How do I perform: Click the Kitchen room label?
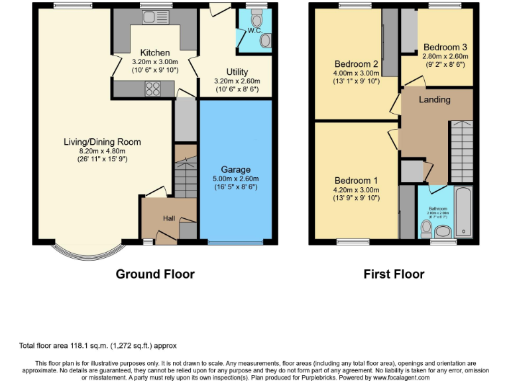(x=155, y=53)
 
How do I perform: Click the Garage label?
(x=235, y=169)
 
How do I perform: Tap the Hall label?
(x=169, y=218)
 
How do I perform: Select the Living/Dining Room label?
(x=102, y=142)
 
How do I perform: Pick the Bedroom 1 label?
(x=356, y=181)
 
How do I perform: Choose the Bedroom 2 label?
(x=356, y=64)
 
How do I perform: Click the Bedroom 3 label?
(x=445, y=47)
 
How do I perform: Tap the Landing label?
(x=435, y=99)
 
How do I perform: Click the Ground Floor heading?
(x=155, y=274)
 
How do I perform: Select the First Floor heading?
(x=394, y=274)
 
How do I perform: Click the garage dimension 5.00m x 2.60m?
(x=235, y=179)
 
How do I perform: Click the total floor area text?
(x=97, y=345)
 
